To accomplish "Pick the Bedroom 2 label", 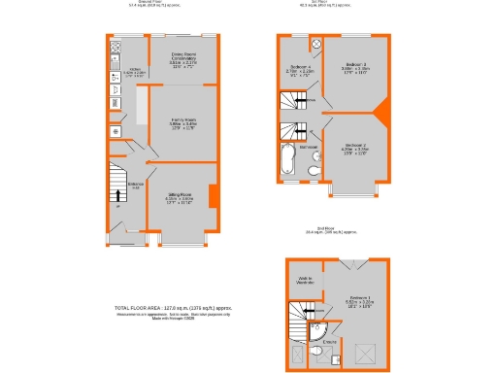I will point(354,149).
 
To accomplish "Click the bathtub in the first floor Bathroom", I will point(283,160).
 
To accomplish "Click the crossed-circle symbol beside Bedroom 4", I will point(316,43).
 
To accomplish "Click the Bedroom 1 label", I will point(359,301).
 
